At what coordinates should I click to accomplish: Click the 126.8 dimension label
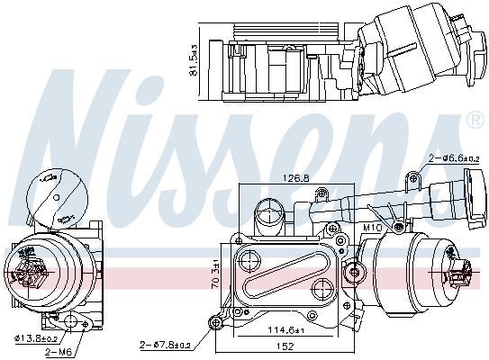pyautogui.click(x=295, y=178)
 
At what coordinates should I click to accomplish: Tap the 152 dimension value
pyautogui.click(x=285, y=346)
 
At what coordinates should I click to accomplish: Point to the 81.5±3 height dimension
pyautogui.click(x=194, y=60)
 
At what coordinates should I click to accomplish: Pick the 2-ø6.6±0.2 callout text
pyautogui.click(x=454, y=158)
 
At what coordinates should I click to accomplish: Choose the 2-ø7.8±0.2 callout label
pyautogui.click(x=165, y=345)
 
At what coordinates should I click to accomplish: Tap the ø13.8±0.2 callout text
pyautogui.click(x=36, y=338)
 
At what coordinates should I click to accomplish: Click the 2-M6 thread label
pyautogui.click(x=59, y=353)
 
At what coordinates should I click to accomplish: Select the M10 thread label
pyautogui.click(x=372, y=228)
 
